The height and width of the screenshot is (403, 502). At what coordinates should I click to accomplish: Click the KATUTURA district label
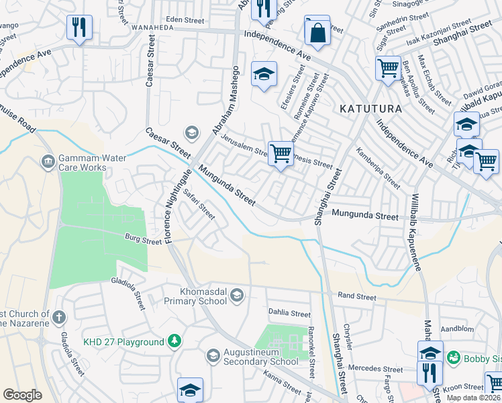[x=370, y=108]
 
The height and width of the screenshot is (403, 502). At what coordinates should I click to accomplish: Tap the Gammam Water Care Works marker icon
[x=48, y=161]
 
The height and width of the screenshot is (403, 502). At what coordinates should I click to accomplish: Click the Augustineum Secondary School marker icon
[x=213, y=355]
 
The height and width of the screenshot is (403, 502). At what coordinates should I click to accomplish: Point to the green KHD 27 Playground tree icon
[x=174, y=342]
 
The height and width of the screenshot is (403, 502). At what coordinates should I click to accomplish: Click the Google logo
[x=22, y=395]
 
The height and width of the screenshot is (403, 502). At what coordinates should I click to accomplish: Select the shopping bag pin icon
[x=317, y=31]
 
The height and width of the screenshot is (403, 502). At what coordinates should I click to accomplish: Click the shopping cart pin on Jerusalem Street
[x=280, y=153]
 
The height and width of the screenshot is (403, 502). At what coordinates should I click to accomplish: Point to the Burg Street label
[x=143, y=238]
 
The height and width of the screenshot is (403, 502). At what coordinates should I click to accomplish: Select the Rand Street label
[x=356, y=296]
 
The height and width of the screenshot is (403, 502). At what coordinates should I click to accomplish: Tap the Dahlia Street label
[x=289, y=314]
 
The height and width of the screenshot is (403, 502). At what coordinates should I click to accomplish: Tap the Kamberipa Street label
[x=378, y=168]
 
